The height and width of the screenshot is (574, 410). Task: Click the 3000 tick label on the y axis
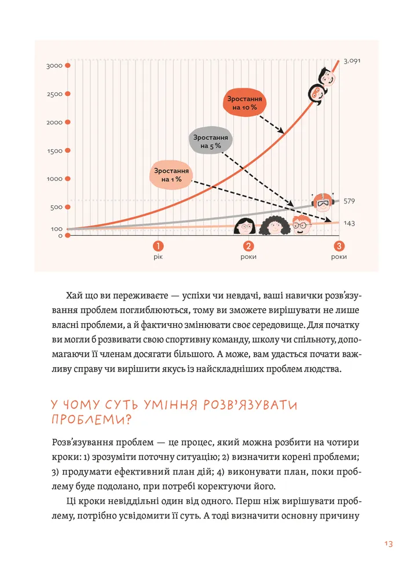coord(54,66)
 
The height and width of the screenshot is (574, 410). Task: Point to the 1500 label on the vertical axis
coord(54,151)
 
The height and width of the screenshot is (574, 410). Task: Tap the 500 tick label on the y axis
coord(56,208)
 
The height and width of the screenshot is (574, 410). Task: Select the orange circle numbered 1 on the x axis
coord(157,246)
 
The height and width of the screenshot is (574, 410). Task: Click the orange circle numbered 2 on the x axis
coord(248,246)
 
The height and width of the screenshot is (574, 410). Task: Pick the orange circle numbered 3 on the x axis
coord(339,246)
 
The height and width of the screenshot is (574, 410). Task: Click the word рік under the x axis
coord(157,257)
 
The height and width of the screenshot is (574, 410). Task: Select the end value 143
coord(349,223)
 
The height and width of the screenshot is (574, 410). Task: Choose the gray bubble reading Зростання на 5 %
coord(211,142)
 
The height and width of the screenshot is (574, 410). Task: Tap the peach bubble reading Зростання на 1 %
coord(171,175)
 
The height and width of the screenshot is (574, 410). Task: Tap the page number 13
coord(388,543)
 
